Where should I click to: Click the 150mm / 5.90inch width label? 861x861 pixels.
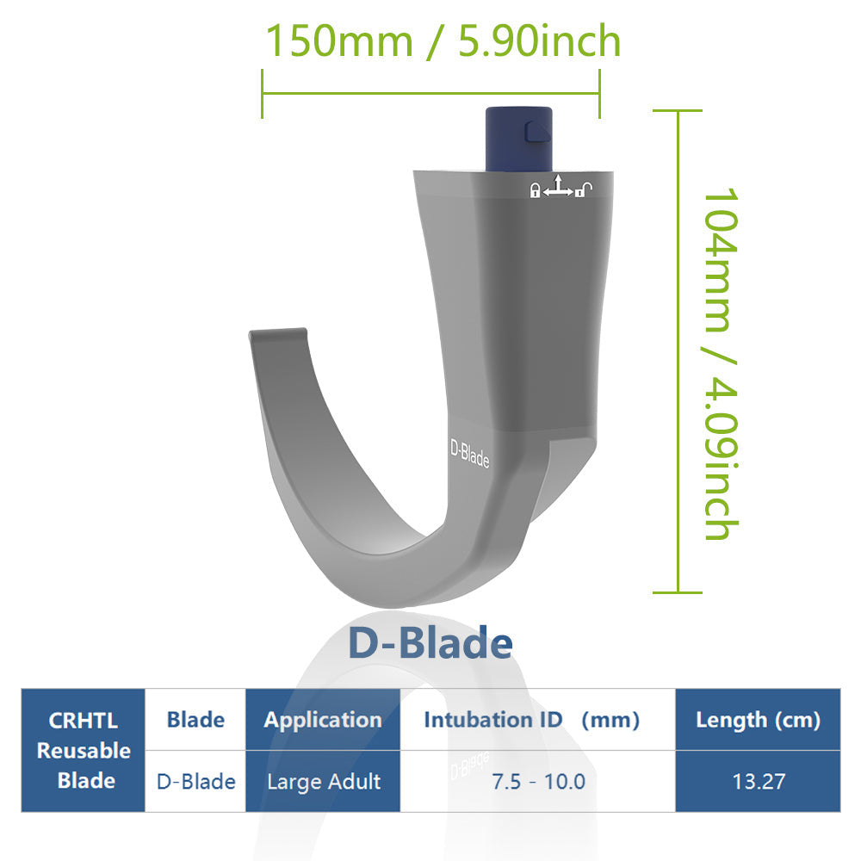pos(443,40)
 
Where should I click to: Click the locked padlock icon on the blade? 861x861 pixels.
pos(536,190)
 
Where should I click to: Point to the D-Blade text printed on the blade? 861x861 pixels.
pos(470,454)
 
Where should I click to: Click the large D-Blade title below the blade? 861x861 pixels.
pos(430,643)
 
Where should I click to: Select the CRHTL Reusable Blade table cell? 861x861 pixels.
pos(83,750)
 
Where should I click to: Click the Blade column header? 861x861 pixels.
pos(195,720)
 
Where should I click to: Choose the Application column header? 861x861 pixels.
pos(323,720)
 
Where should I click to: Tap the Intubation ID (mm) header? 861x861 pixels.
pos(531,720)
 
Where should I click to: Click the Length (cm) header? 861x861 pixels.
pos(758,720)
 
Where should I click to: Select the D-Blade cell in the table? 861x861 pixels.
pos(195,781)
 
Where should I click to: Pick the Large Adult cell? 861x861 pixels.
pos(323,781)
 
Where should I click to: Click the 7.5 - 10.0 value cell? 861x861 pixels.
pos(538,781)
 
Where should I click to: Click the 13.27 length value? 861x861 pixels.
pos(758,781)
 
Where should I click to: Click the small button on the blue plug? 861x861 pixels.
pos(536,130)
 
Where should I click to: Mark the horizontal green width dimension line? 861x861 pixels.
pos(430,94)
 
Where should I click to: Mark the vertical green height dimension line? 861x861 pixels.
pos(678,351)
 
